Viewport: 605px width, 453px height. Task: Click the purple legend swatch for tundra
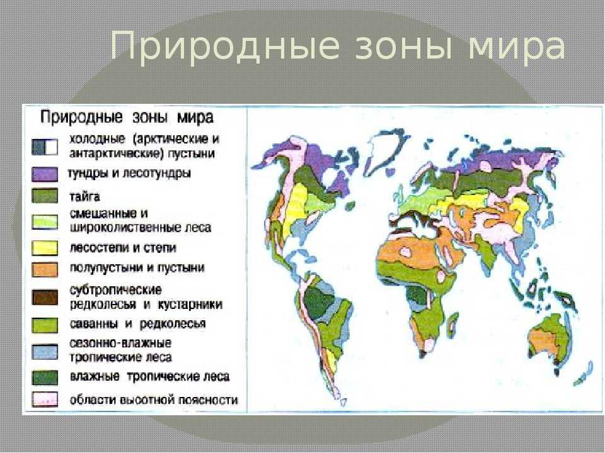[45, 174]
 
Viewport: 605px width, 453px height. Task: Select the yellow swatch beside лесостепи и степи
[45, 248]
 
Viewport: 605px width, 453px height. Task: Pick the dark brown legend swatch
[45, 298]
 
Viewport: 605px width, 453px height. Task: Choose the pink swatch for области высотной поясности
[45, 399]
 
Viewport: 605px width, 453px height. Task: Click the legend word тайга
[84, 197]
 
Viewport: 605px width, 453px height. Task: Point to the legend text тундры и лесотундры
[130, 174]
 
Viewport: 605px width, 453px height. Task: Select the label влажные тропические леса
[150, 376]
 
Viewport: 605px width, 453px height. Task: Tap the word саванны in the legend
[94, 324]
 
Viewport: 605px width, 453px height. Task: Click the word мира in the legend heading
[195, 118]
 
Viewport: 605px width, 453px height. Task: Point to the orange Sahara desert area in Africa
[415, 252]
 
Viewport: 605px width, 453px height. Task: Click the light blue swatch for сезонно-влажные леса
[45, 351]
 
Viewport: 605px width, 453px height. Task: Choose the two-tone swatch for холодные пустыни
[45, 147]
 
